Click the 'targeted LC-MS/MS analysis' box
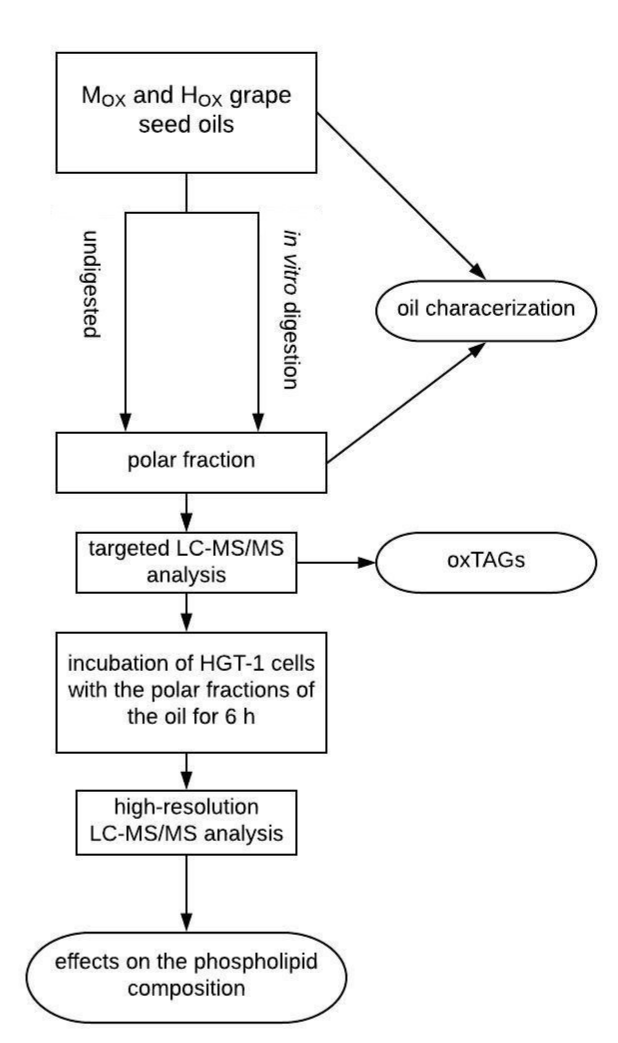click(186, 562)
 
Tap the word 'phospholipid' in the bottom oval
click(255, 962)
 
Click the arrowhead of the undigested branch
click(126, 421)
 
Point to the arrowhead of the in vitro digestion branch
click(258, 421)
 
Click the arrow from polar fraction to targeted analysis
click(186, 512)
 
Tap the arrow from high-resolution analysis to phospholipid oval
click(186, 896)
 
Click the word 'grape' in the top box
click(260, 96)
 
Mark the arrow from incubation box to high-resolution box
click(186, 770)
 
